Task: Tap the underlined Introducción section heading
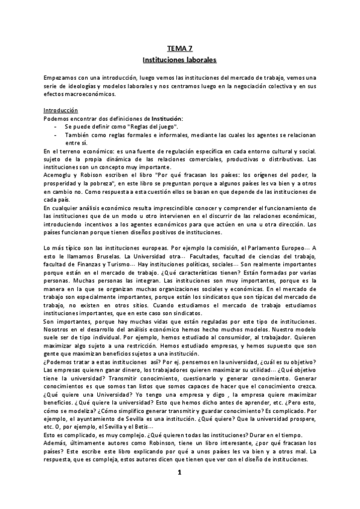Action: click(61, 111)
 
